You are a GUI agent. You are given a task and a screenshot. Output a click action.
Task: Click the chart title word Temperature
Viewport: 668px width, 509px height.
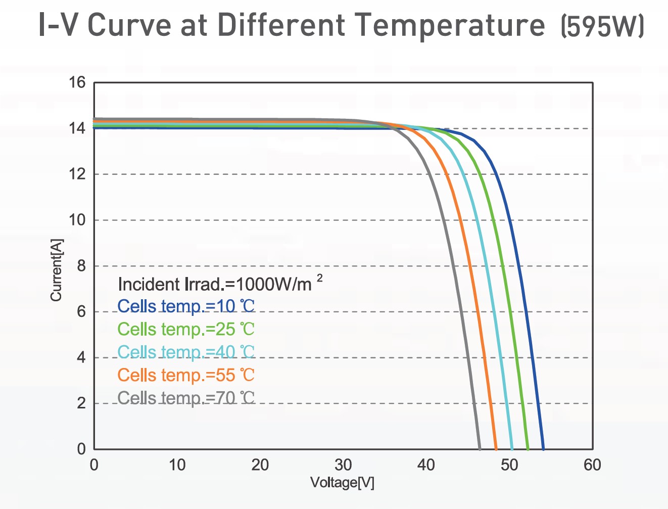(449, 25)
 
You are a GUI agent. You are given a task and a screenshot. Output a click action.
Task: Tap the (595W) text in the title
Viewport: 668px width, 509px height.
(602, 26)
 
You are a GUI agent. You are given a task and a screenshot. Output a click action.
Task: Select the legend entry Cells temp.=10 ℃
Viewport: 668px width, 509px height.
(186, 306)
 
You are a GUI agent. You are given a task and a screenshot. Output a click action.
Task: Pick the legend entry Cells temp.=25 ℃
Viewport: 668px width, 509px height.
(186, 330)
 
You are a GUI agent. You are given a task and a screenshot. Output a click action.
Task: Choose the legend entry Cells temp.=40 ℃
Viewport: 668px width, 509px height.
(186, 352)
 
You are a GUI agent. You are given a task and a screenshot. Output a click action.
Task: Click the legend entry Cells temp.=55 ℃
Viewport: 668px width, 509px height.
(186, 376)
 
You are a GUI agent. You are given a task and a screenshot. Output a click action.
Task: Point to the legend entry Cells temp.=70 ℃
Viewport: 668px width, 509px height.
(186, 398)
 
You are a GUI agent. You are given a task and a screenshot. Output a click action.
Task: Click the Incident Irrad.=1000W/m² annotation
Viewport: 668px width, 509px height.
(220, 284)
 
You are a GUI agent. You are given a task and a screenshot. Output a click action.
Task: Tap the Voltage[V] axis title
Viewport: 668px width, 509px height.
(342, 483)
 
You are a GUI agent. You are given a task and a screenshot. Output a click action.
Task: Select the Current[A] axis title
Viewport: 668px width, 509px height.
(56, 270)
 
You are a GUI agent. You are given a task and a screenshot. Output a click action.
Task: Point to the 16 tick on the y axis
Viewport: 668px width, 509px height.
(77, 82)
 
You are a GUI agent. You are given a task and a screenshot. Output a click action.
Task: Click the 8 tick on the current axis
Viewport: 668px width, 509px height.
(81, 266)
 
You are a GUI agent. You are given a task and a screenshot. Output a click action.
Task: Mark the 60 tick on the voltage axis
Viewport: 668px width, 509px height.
(592, 465)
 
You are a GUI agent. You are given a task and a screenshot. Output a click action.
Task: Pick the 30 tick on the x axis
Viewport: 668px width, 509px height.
(343, 465)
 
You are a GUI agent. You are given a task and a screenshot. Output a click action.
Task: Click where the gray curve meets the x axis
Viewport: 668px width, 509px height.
(480, 448)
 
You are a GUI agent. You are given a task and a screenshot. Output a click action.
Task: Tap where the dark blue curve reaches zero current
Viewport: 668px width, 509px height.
(543, 448)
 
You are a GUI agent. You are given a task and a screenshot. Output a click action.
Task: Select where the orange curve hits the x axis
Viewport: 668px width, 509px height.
(496, 448)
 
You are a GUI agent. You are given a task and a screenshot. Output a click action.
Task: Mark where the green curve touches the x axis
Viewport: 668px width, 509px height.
(528, 448)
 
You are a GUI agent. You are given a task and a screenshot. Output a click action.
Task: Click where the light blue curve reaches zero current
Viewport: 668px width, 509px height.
(512, 448)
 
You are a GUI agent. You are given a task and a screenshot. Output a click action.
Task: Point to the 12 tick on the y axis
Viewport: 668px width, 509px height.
(77, 174)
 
